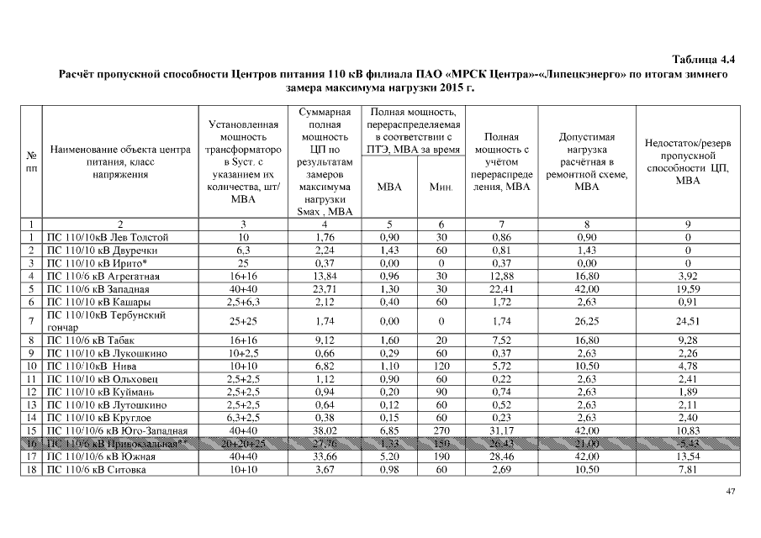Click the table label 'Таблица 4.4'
[704, 60]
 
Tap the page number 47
[729, 491]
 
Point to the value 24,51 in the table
[687, 320]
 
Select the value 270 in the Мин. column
[441, 430]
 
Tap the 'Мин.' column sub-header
[441, 187]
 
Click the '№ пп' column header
[31, 162]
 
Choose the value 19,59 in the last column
[687, 288]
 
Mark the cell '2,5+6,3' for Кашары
[242, 301]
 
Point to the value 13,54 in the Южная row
[687, 456]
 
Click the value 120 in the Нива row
[441, 367]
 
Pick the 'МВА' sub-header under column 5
[388, 187]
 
